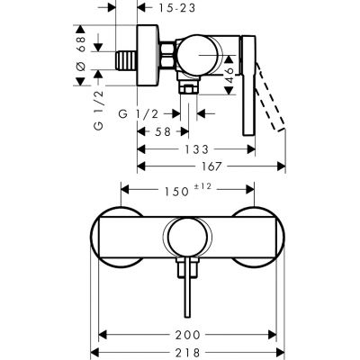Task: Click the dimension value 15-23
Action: click(177, 8)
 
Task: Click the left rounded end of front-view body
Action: click(115, 238)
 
